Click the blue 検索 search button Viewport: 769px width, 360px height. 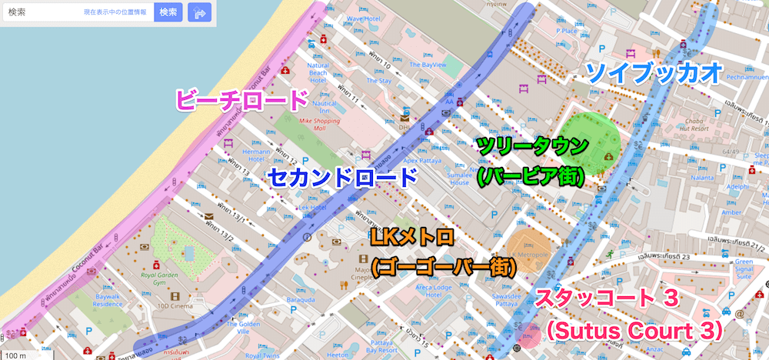pos(168,12)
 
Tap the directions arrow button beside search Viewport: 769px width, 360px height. pos(199,12)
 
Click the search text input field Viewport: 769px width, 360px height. pos(42,13)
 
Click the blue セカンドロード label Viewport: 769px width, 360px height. pos(342,178)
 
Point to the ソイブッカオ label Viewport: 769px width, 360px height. pos(654,73)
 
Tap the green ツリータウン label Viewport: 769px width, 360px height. pos(532,145)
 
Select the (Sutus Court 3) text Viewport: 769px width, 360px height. pos(634,331)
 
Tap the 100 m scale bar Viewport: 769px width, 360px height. pos(17,355)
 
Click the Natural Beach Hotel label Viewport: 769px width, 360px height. pos(318,73)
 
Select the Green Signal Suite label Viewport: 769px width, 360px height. pos(744,268)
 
